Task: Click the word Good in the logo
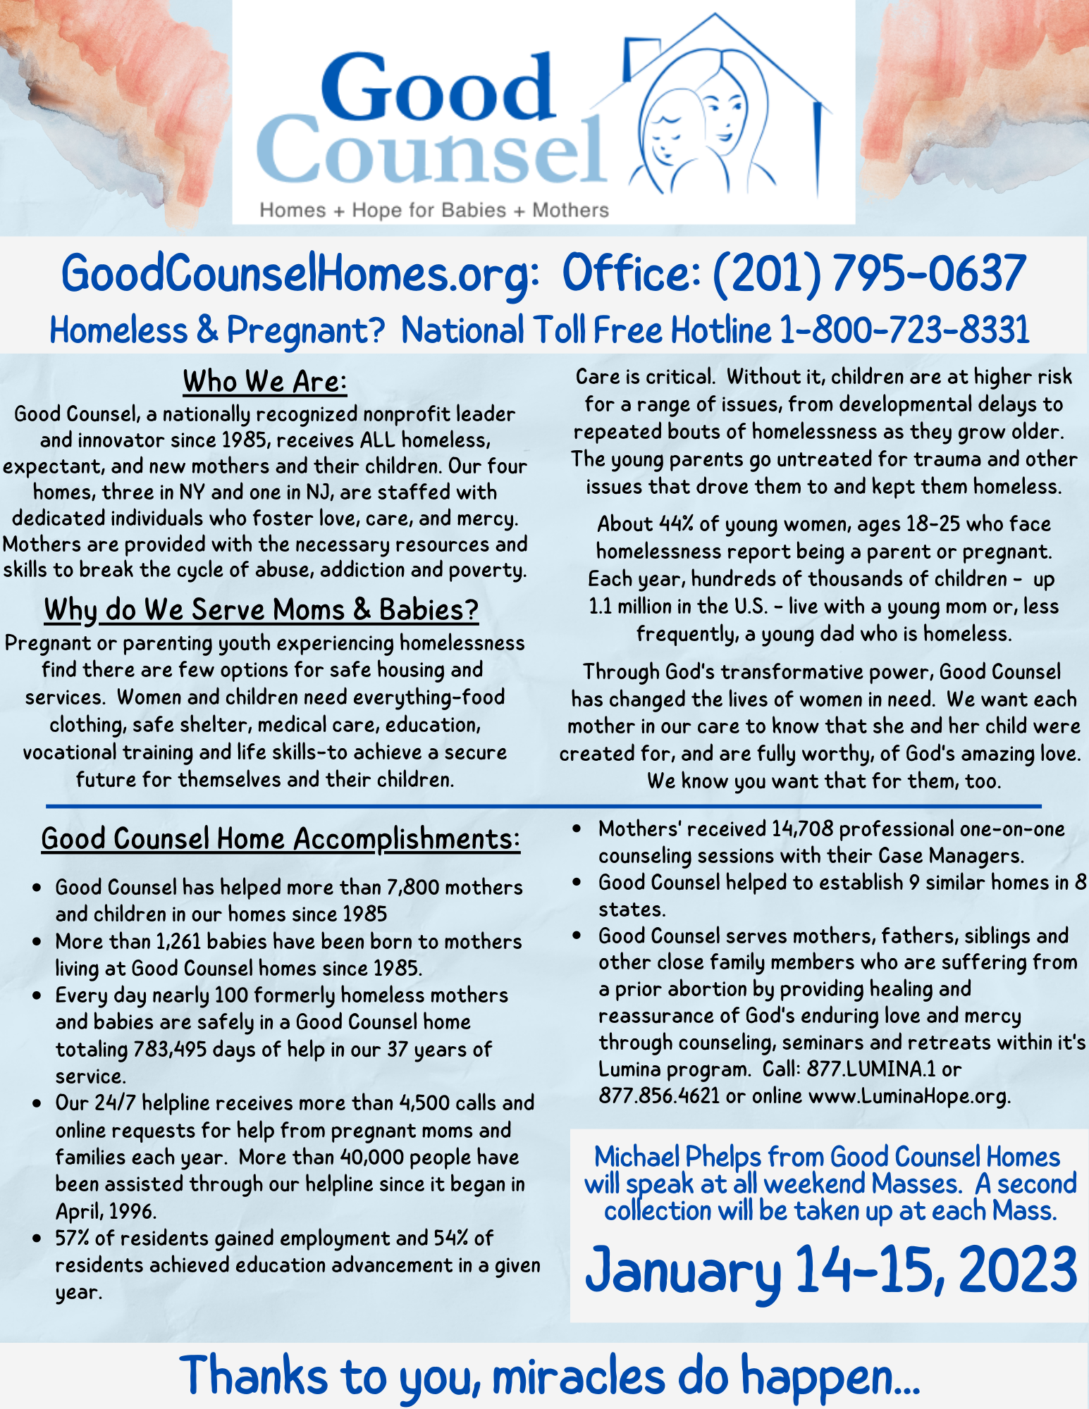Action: tap(438, 87)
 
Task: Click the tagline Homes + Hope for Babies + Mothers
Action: tap(434, 210)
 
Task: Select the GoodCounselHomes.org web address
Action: tap(300, 273)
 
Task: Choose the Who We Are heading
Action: tap(264, 382)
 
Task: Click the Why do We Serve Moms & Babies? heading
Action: tap(262, 609)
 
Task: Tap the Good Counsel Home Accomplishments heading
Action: tap(281, 838)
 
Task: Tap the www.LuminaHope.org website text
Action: tap(909, 1095)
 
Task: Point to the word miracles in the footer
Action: tap(578, 1375)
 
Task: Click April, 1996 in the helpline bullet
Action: tap(106, 1211)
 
